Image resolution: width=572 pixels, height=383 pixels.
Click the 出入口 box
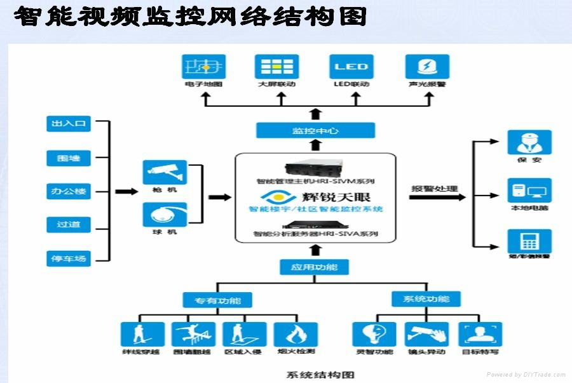click(x=69, y=124)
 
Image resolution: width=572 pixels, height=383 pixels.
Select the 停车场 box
click(x=69, y=258)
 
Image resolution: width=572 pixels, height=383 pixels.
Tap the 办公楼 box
click(x=69, y=191)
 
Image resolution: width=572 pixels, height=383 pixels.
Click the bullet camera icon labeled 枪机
click(x=165, y=172)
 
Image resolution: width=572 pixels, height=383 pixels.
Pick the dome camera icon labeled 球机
click(x=165, y=215)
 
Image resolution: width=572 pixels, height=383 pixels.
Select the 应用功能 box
click(x=314, y=267)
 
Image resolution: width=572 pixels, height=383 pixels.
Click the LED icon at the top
click(x=351, y=67)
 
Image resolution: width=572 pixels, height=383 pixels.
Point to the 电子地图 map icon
click(x=204, y=67)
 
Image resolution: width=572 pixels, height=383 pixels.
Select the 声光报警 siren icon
click(x=428, y=67)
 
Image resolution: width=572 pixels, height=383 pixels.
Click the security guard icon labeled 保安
click(x=529, y=142)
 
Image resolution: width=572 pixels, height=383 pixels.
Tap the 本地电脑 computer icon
click(x=529, y=191)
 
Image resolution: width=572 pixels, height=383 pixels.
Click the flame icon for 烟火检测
click(x=296, y=334)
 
